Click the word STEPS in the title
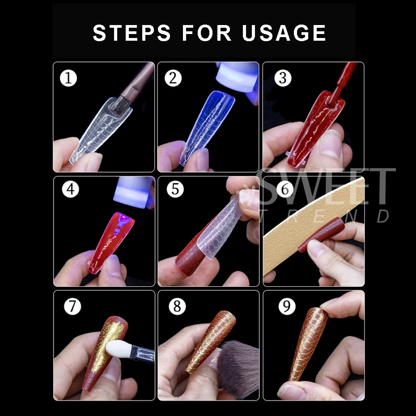[132, 33]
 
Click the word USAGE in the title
[284, 33]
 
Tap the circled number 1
[68, 78]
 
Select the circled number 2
[173, 78]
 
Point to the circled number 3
[283, 78]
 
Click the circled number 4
[70, 189]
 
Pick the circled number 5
[175, 189]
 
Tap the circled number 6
[285, 189]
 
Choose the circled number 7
[72, 306]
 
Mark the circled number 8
[177, 306]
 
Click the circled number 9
[287, 306]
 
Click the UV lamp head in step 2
[237, 77]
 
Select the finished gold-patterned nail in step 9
[308, 344]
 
